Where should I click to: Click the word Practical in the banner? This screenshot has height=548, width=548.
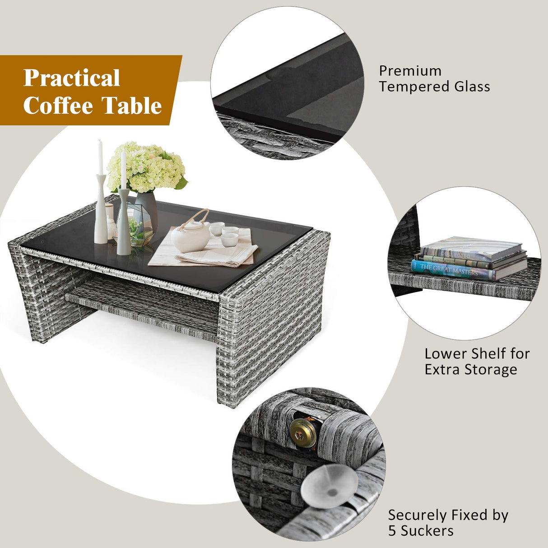[x=72, y=78]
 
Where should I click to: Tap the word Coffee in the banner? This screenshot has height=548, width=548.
[x=58, y=106]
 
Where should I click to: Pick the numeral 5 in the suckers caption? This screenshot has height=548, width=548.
[x=392, y=531]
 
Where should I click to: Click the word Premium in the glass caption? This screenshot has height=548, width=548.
[x=410, y=71]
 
